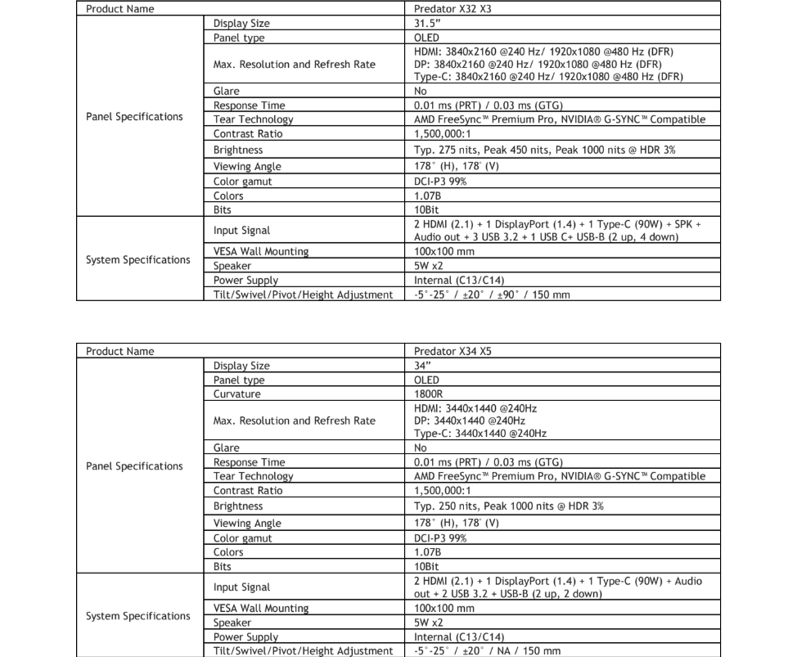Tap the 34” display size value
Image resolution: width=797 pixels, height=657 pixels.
(424, 366)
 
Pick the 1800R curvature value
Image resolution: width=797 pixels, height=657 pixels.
(429, 394)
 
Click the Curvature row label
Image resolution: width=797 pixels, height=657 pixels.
(237, 394)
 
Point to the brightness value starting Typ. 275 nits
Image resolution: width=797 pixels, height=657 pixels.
(545, 151)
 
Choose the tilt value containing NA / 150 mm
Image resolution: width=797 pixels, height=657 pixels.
(488, 651)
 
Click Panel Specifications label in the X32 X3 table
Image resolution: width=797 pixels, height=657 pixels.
(134, 117)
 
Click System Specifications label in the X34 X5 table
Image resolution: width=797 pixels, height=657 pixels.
(137, 616)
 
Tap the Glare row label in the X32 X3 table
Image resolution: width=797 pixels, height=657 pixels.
(227, 92)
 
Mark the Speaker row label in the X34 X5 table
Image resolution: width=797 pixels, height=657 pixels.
(232, 623)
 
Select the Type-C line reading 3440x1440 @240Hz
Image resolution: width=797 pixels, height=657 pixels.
(480, 434)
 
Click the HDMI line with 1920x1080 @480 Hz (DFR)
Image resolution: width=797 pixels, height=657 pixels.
(543, 52)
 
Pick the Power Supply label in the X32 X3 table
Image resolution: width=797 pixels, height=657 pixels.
(245, 281)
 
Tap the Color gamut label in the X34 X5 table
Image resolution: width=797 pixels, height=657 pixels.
(242, 538)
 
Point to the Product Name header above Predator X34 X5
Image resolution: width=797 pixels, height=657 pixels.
(119, 351)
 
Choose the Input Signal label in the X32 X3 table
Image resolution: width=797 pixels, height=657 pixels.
(241, 231)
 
